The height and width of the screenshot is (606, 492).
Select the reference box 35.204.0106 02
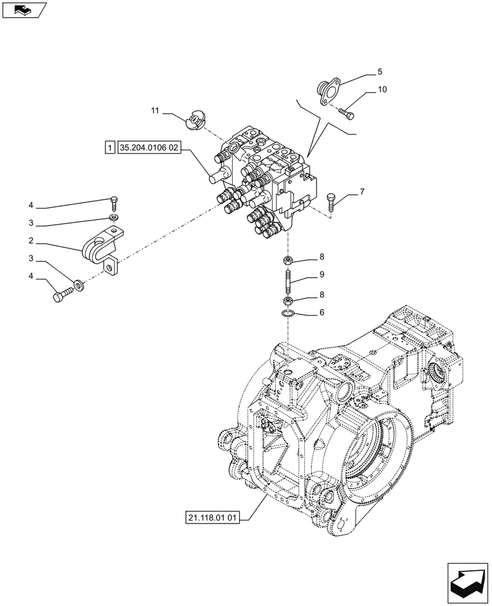[150, 147]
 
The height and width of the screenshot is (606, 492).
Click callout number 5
[379, 72]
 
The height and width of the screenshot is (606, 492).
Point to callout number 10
[382, 90]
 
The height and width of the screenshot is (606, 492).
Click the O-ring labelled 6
[289, 313]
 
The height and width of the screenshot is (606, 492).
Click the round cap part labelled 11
[195, 119]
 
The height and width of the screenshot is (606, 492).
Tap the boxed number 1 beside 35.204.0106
[109, 147]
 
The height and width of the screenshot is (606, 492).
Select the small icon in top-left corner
[23, 8]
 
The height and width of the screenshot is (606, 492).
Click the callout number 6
[321, 313]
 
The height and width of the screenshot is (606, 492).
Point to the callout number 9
[321, 275]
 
